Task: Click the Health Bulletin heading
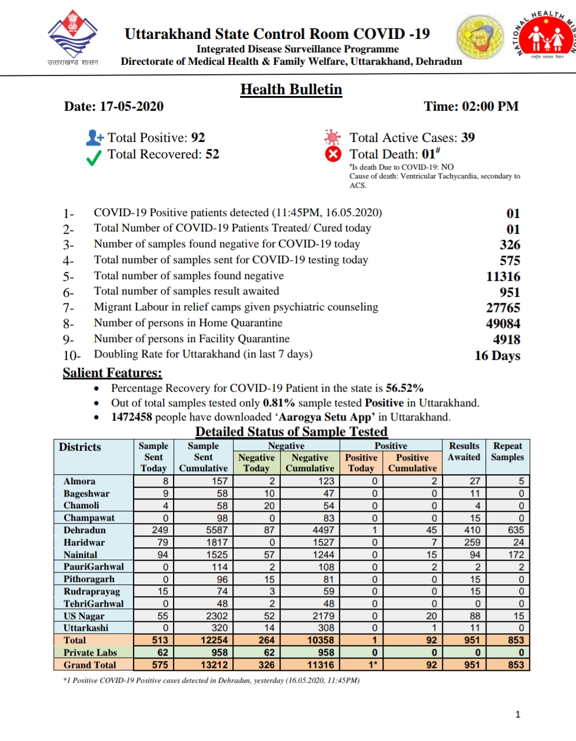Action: (x=291, y=90)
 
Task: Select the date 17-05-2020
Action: (x=132, y=107)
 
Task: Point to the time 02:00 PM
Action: (x=491, y=107)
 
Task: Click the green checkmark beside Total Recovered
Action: (x=94, y=158)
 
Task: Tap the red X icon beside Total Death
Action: (x=333, y=154)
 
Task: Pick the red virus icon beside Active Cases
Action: (x=332, y=137)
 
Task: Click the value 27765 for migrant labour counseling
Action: (x=503, y=307)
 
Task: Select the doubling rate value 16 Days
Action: (x=497, y=355)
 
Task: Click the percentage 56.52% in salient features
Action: (x=405, y=388)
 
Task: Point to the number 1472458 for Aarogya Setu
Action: (x=131, y=417)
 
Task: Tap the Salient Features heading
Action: (x=112, y=373)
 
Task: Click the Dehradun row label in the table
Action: (x=85, y=530)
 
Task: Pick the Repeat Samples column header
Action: (x=508, y=452)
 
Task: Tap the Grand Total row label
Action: (x=90, y=664)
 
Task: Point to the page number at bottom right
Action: (x=518, y=714)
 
